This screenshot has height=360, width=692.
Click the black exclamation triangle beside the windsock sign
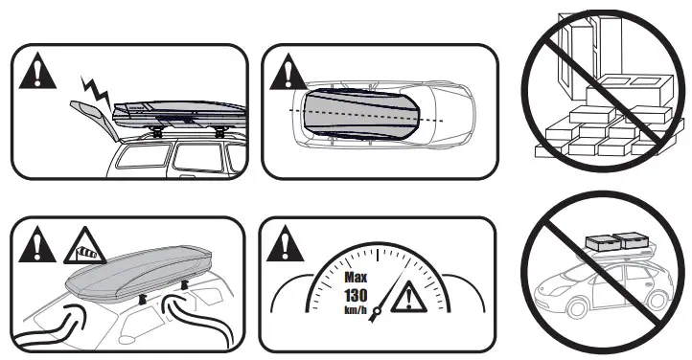pos(36,248)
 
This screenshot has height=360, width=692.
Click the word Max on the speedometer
pos(357,277)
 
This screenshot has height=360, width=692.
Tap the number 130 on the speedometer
pos(357,296)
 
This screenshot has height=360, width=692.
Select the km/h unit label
pos(357,312)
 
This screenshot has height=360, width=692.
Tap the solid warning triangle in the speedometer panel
pos(285,247)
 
